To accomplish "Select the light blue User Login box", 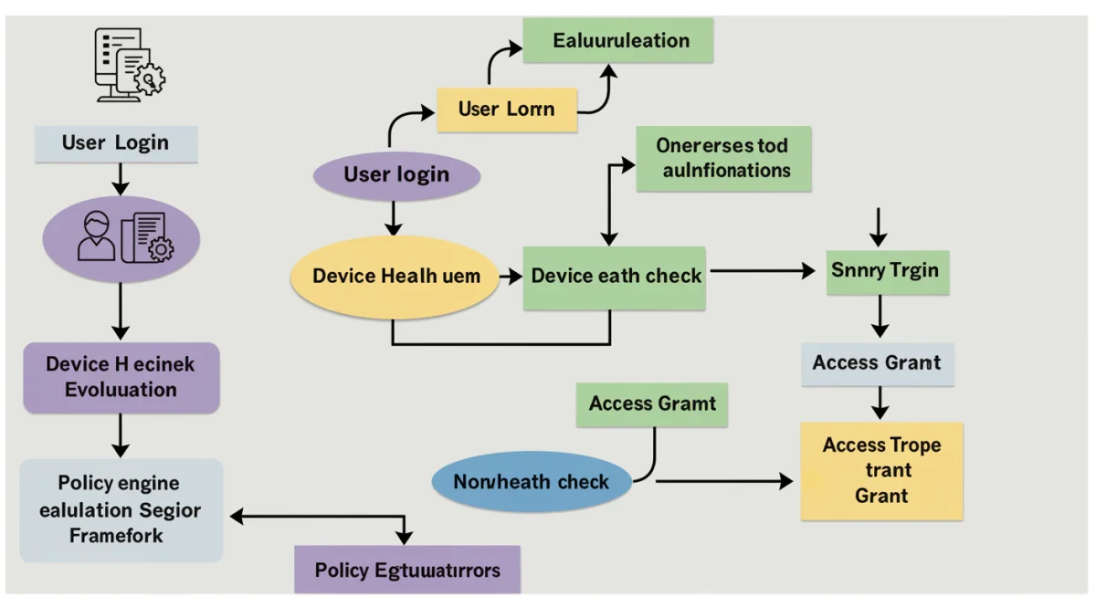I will pos(116,143).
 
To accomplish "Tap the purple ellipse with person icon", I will pos(121,237).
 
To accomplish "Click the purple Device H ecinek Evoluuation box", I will pos(121,377).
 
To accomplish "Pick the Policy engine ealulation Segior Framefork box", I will pos(121,509).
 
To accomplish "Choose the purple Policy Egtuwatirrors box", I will pos(407,571).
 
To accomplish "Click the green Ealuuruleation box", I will pos(617,41).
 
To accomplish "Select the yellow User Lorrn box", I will pos(506,110).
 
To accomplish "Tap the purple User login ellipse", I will pos(395,175).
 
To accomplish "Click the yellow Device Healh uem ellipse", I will pos(395,276).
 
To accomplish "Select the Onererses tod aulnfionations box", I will pos(723,158).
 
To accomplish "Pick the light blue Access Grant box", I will pos(877,363).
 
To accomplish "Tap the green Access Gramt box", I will pos(651,404).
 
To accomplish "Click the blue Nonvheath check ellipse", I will pos(531,481).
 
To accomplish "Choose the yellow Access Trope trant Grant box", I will pos(881,471).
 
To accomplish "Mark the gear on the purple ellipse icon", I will pos(160,246).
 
